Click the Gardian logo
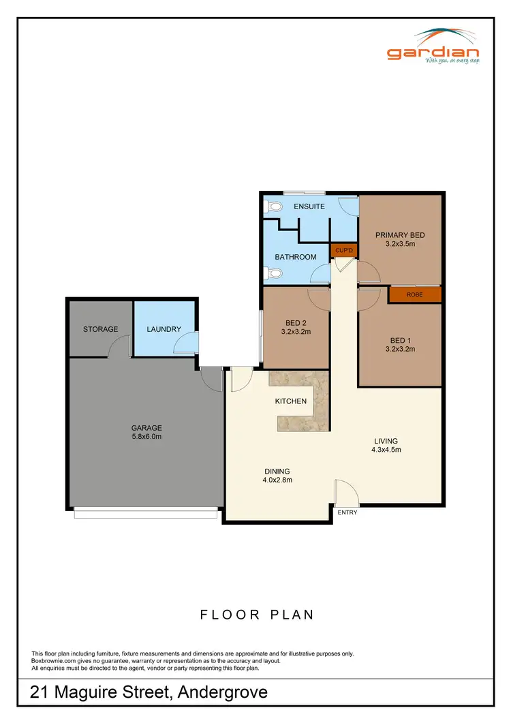[433, 47]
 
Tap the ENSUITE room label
[309, 206]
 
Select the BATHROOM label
[296, 257]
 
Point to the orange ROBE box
[414, 295]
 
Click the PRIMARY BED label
[400, 235]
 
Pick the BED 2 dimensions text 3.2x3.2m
[296, 333]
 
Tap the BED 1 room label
[400, 340]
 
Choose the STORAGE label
[101, 329]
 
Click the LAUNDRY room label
[164, 329]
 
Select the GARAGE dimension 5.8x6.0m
[146, 437]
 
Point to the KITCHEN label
[291, 401]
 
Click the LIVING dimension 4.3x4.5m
[386, 450]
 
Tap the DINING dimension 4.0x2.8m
[277, 480]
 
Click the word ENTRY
[347, 512]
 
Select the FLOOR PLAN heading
[257, 615]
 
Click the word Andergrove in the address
[222, 694]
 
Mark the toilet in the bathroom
[273, 275]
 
